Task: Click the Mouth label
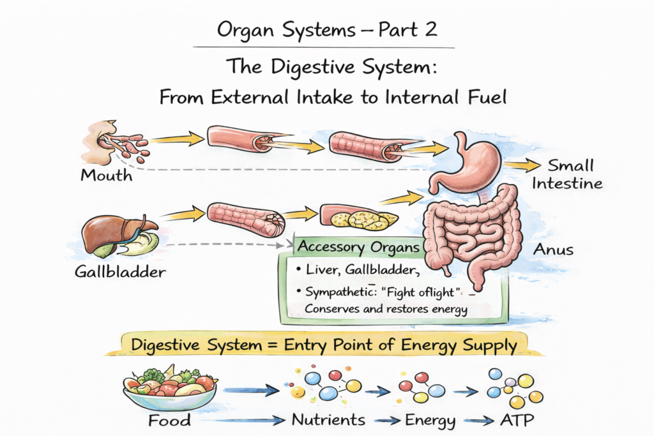tap(107, 175)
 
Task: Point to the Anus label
tap(554, 250)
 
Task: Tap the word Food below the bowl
tap(169, 421)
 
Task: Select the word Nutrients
tap(328, 420)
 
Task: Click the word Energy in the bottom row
tap(430, 421)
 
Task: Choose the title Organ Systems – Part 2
tap(327, 29)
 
